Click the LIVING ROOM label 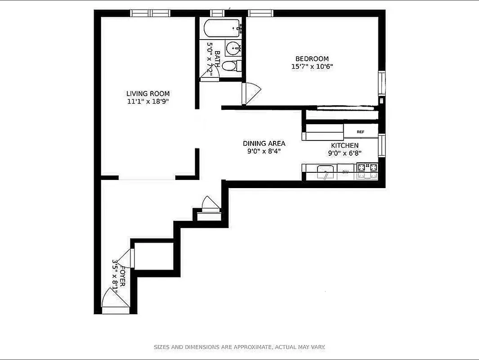[x=148, y=94]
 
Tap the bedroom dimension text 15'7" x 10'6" [x=312, y=67]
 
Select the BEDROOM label [x=312, y=58]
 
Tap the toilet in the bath [x=231, y=66]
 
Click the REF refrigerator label [x=360, y=132]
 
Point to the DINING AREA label [x=264, y=144]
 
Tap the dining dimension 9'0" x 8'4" [x=264, y=151]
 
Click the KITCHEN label [x=345, y=145]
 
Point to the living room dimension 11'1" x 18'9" [x=148, y=102]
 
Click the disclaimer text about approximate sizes [x=239, y=347]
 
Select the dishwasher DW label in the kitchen [x=345, y=172]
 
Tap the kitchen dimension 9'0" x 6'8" [x=345, y=153]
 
